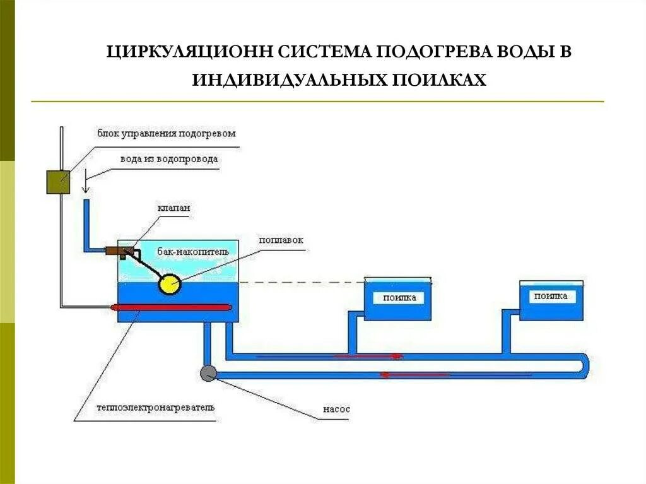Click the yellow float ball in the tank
(169, 285)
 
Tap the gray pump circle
(208, 373)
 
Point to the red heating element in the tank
(172, 307)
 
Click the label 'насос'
(336, 409)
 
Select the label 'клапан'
(175, 208)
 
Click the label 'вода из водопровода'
(169, 159)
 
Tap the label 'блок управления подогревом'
(166, 133)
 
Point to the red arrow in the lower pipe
(413, 374)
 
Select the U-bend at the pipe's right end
(584, 365)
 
